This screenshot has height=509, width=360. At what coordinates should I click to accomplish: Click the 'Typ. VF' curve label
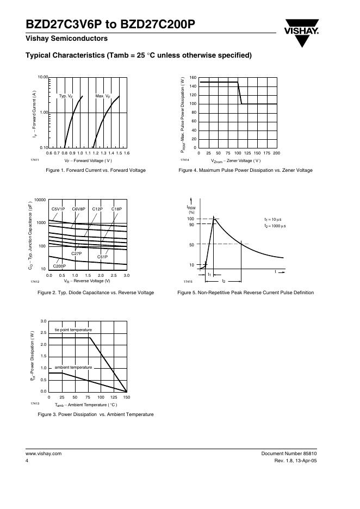(67, 96)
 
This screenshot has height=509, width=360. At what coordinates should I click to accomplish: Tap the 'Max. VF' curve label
(103, 96)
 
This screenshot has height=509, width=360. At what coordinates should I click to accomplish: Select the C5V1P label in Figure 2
(58, 209)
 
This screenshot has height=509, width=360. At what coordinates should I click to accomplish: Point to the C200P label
(59, 266)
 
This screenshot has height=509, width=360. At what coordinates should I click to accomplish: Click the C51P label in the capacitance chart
(102, 257)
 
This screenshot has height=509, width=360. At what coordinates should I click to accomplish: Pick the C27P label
(76, 253)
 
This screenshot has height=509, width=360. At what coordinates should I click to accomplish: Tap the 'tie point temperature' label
(73, 330)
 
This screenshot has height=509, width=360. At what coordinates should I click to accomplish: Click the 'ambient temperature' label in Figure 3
(73, 368)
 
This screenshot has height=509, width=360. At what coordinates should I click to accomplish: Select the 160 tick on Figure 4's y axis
(193, 78)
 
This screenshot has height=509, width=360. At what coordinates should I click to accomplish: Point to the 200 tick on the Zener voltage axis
(276, 153)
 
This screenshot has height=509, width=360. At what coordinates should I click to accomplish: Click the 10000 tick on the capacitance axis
(40, 200)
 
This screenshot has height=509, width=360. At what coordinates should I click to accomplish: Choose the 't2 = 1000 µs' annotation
(275, 226)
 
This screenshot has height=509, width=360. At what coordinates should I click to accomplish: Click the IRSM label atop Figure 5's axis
(191, 207)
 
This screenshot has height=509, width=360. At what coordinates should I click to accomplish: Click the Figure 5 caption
(246, 293)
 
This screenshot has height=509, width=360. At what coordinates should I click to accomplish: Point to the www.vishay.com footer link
(44, 454)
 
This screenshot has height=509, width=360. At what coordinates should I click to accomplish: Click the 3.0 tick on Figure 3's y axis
(44, 321)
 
